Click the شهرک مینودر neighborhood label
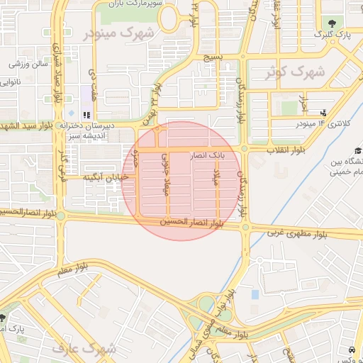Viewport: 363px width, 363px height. tap(118, 33)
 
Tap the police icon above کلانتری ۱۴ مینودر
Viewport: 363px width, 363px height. tap(324, 112)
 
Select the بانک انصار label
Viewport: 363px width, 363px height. tap(208, 153)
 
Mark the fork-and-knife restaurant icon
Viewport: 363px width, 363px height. tap(86, 114)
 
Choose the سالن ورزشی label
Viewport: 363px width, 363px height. tap(29, 64)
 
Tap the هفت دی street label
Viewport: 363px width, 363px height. tap(93, 78)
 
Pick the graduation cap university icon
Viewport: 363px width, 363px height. tap(357, 150)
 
